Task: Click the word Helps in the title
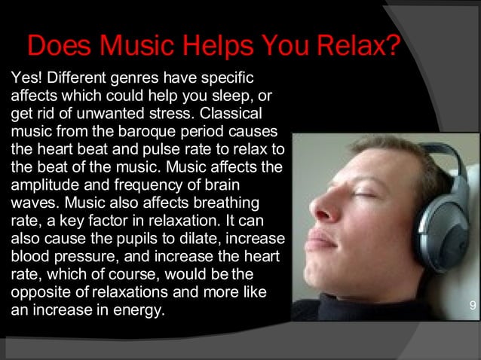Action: [228, 47]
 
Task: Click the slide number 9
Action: [472, 305]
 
